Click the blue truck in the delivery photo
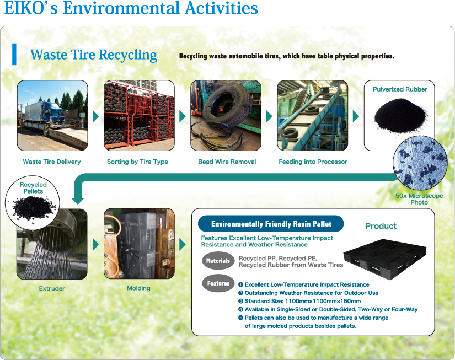(x=45, y=115)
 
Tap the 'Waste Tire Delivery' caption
(x=52, y=162)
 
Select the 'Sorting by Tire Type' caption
(x=137, y=162)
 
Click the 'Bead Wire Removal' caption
(x=227, y=162)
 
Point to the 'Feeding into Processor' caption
(x=313, y=162)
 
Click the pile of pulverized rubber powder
(x=400, y=116)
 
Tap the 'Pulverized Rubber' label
(x=400, y=89)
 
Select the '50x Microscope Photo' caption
(x=419, y=199)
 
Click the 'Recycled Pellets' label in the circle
(x=33, y=187)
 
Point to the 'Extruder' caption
(x=52, y=289)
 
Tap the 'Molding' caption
(x=138, y=288)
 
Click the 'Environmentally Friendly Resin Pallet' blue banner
(x=271, y=224)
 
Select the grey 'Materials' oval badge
(x=218, y=261)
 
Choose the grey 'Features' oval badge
(x=218, y=283)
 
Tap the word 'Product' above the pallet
(x=381, y=226)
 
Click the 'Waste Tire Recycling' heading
(x=94, y=55)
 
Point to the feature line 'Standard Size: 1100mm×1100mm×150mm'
(x=299, y=301)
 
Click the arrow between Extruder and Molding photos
(x=96, y=245)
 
